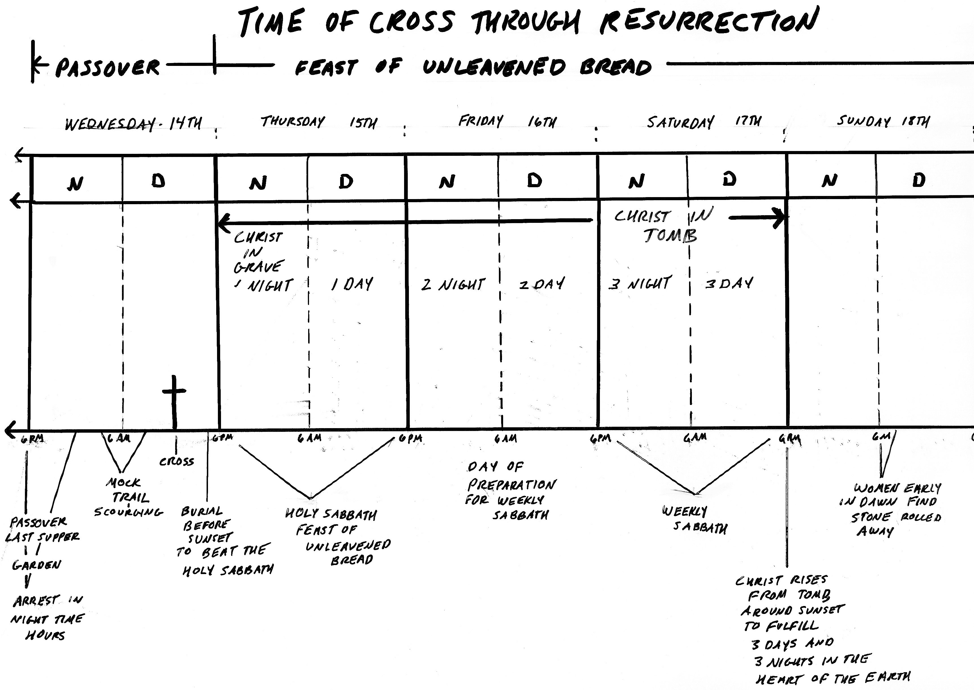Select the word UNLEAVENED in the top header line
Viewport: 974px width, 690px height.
coord(494,67)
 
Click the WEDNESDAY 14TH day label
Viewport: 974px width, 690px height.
coord(133,124)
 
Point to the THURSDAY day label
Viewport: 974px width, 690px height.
coord(293,122)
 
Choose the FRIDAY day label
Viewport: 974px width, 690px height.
coord(480,121)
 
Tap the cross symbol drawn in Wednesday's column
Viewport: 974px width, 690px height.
coord(174,399)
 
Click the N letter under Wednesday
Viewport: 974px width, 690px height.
coord(75,183)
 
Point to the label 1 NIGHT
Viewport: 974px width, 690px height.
coord(263,285)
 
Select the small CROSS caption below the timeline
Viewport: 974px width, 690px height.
coord(176,462)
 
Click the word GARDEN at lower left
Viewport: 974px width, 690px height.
coord(37,565)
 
